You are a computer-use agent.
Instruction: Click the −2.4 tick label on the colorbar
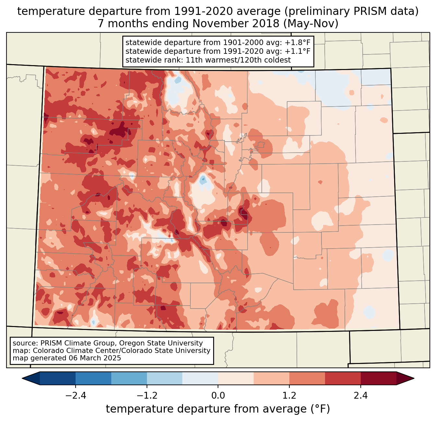[x=75, y=396]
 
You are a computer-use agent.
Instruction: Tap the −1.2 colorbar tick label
[x=147, y=396]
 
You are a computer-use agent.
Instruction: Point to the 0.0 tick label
[x=218, y=396]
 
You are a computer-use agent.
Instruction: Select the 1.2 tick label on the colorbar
[x=289, y=396]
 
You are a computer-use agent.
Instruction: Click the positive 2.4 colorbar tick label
[x=361, y=396]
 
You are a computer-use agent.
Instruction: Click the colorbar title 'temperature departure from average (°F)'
[x=218, y=409]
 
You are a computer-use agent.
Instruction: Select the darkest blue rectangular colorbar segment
[x=58, y=378]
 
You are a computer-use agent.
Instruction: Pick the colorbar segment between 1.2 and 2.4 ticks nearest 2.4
[x=343, y=378]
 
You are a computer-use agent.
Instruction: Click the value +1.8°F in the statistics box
[x=297, y=43]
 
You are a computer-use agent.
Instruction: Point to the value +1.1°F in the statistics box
[x=297, y=51]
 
